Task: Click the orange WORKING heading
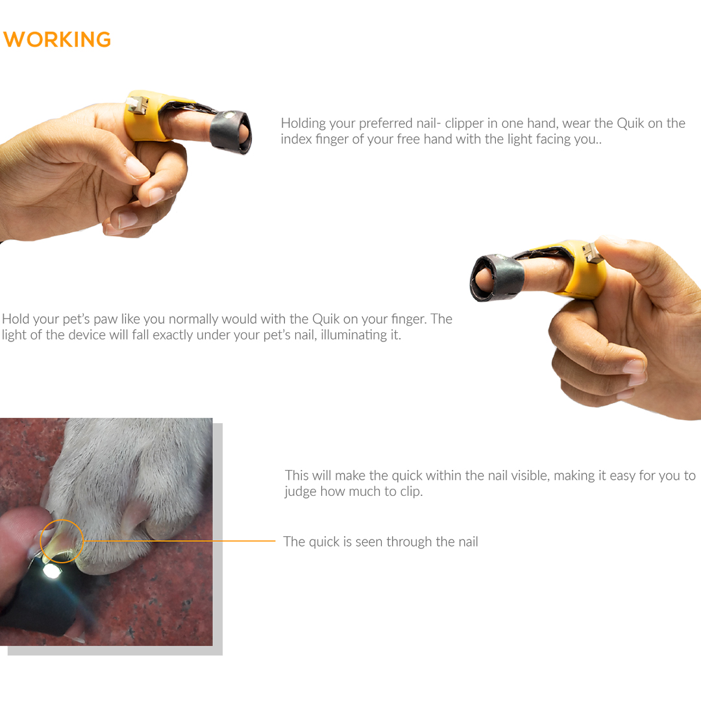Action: (x=57, y=40)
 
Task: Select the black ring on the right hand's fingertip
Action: (x=497, y=277)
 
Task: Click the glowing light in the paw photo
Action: (x=51, y=571)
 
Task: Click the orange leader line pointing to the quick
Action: (x=179, y=541)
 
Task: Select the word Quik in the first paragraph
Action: (x=630, y=123)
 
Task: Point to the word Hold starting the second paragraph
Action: (x=15, y=319)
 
